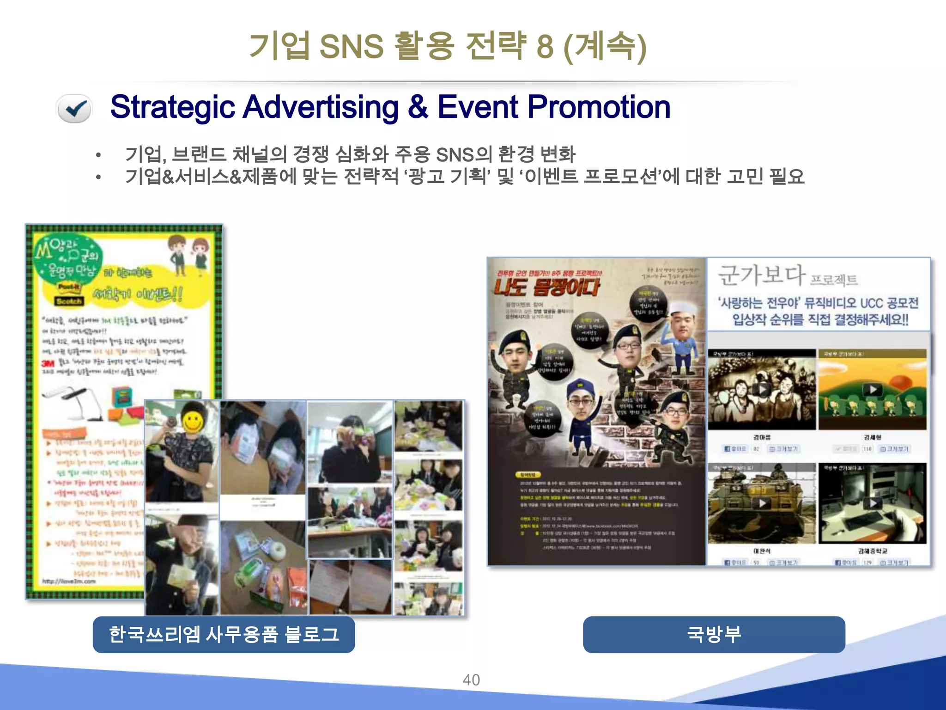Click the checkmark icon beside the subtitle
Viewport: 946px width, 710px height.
tap(74, 108)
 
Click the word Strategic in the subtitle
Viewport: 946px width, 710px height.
tap(173, 107)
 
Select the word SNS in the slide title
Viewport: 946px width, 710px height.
tap(351, 46)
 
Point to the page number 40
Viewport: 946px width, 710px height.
tap(471, 680)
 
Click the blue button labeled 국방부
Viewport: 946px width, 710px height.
tap(714, 634)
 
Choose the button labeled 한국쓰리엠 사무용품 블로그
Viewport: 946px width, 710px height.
tap(224, 634)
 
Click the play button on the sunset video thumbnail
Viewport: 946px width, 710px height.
tap(873, 390)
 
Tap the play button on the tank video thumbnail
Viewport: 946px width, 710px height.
tap(762, 503)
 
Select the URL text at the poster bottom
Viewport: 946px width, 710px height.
tap(69, 581)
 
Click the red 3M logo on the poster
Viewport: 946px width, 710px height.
tap(48, 363)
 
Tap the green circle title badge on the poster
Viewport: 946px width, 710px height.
tap(67, 258)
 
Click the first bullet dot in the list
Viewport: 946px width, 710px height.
tap(98, 155)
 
